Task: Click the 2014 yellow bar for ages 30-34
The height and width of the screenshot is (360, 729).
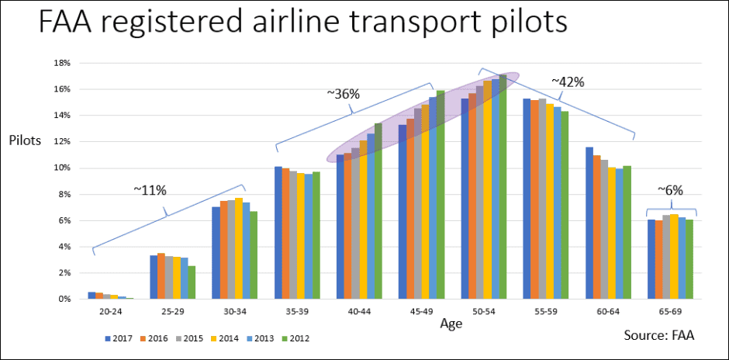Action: [238, 248]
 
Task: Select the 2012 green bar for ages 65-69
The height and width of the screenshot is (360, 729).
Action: [689, 259]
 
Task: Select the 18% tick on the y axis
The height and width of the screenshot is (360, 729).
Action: [62, 62]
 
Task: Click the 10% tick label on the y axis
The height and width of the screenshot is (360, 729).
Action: [62, 168]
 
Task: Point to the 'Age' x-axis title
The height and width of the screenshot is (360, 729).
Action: [451, 324]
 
